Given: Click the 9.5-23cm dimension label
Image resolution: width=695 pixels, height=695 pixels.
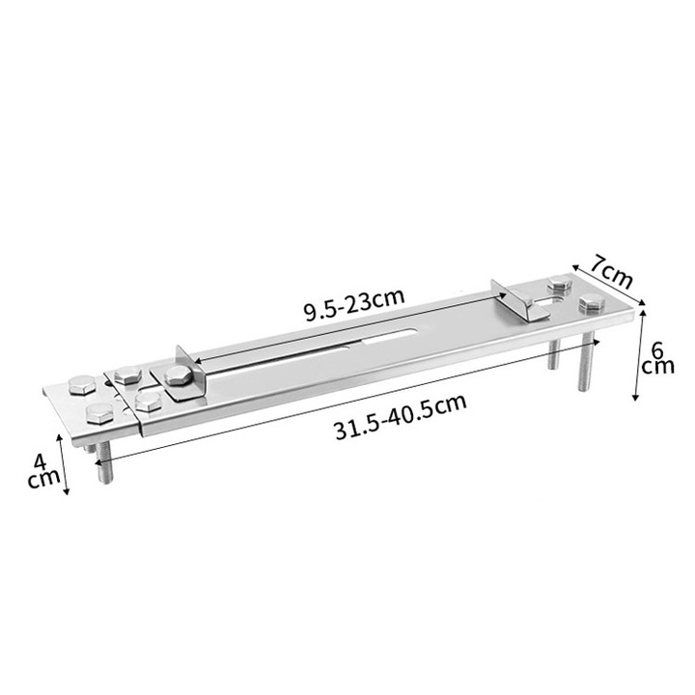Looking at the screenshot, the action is [354, 305].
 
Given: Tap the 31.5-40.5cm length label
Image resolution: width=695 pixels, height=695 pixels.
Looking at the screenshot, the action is [401, 417].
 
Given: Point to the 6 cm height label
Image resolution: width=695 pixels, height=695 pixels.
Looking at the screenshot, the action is [657, 358].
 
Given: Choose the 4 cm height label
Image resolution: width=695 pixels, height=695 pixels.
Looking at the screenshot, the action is [43, 471].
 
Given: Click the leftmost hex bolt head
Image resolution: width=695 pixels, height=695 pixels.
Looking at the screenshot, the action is [82, 384].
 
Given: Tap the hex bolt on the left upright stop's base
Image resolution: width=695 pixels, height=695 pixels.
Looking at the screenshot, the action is [179, 375].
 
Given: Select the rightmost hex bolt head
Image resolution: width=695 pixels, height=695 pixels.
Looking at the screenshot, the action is [592, 303].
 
